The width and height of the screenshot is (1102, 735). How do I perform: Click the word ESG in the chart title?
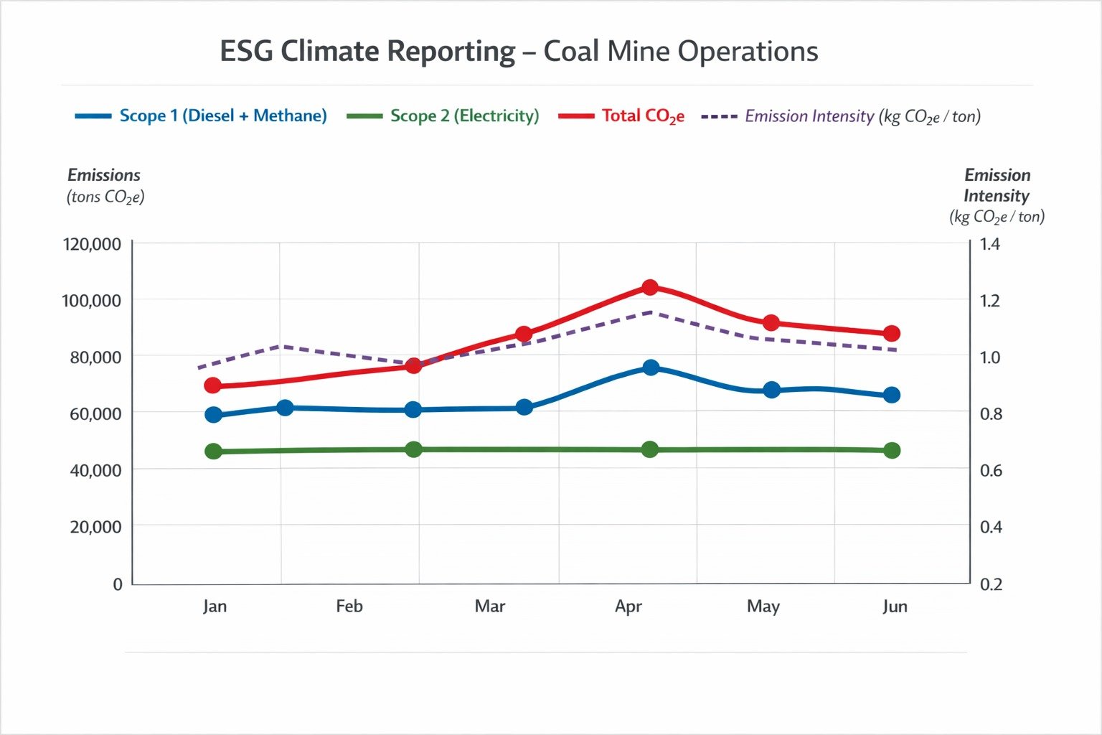coord(245,52)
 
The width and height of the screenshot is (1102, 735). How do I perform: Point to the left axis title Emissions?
coord(104,175)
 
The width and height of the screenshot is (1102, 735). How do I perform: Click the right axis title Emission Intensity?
coord(997,185)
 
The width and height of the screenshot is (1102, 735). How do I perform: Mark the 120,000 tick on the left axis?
coord(92,244)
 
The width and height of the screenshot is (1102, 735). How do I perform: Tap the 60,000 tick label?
coord(95,413)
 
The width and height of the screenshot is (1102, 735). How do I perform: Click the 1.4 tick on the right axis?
coord(989,244)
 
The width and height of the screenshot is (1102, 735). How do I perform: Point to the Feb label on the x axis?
coord(349,607)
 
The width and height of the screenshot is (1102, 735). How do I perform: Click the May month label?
coord(763,607)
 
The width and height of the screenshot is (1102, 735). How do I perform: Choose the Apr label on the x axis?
coord(628,607)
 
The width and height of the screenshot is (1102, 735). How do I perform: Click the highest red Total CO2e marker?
coord(650,288)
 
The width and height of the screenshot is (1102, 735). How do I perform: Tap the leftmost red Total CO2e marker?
coord(212,385)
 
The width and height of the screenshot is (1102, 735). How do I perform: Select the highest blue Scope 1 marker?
coord(651,367)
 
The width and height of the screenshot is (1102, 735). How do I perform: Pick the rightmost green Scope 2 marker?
coord(892,451)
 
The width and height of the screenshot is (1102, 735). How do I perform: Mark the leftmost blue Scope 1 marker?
coord(213,415)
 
